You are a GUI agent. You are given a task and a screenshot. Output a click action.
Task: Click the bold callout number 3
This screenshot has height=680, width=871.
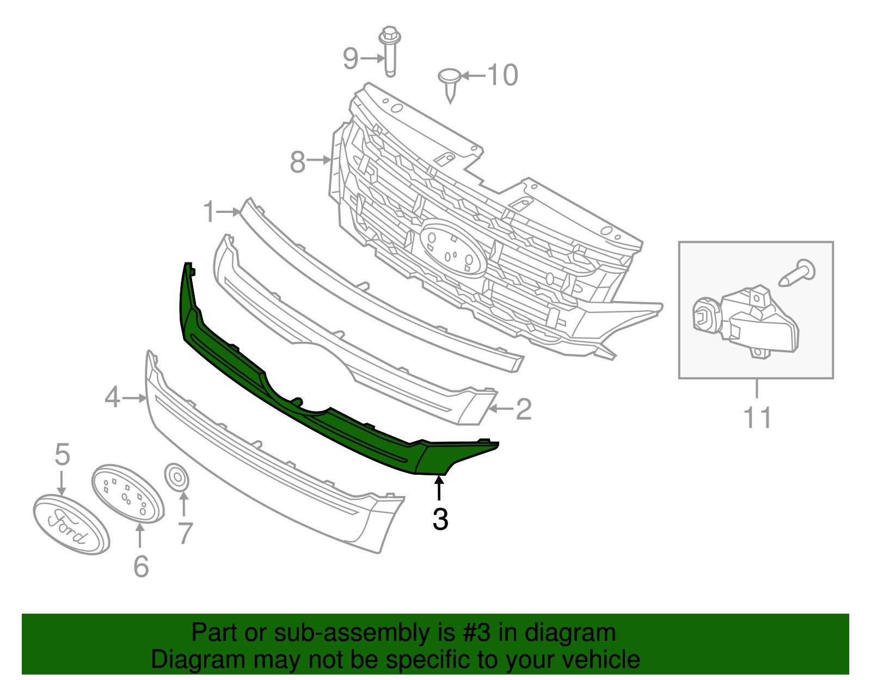pyautogui.click(x=440, y=519)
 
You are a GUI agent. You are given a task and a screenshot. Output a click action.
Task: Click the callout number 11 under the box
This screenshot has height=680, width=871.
pyautogui.click(x=757, y=418)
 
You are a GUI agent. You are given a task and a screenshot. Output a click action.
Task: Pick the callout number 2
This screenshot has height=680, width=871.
pyautogui.click(x=523, y=409)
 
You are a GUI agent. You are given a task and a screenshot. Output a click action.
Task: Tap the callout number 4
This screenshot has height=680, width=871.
pyautogui.click(x=112, y=397)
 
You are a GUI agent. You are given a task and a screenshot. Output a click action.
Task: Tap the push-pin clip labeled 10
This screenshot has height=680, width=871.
pyautogui.click(x=450, y=83)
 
